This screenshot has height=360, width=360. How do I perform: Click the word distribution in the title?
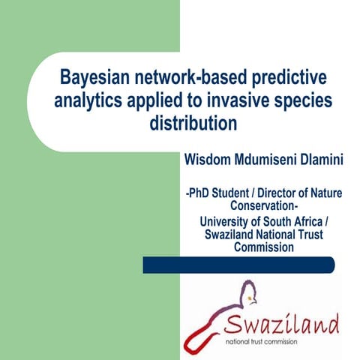pyautogui.click(x=193, y=121)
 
